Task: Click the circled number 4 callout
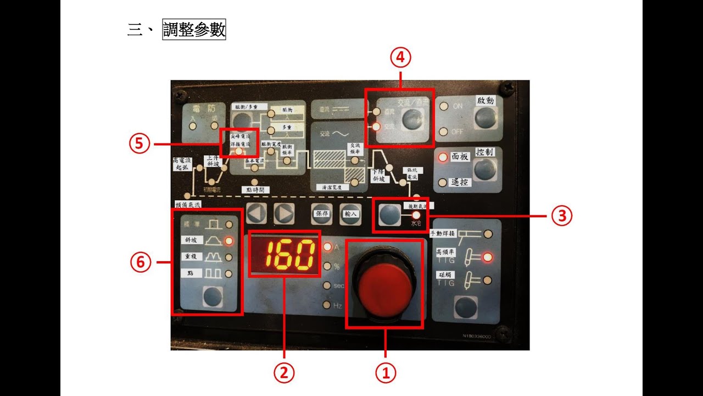[400, 57]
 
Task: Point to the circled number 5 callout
[140, 144]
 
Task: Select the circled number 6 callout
[140, 262]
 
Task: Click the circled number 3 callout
[562, 216]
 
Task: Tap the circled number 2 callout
[284, 373]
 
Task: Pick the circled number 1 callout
[385, 373]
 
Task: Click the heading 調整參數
[194, 29]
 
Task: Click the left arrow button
[256, 213]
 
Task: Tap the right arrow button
[283, 213]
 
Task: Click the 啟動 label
[486, 101]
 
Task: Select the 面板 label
[460, 156]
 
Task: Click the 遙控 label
[460, 182]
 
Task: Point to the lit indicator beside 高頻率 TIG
[487, 257]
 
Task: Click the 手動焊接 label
[443, 233]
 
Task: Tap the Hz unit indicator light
[327, 305]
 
